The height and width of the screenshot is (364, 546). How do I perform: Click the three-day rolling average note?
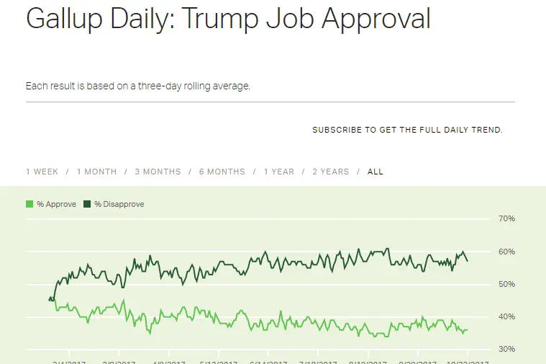137,86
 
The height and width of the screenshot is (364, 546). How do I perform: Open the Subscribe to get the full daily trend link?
407,130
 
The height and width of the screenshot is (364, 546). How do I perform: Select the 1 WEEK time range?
42,172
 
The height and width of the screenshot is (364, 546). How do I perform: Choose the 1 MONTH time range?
96,172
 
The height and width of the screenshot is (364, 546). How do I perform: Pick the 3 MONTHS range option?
158,172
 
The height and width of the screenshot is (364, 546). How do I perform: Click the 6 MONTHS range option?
222,172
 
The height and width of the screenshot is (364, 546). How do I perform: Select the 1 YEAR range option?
278,172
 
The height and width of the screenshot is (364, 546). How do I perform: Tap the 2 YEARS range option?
330,172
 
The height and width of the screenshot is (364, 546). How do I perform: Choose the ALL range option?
376,172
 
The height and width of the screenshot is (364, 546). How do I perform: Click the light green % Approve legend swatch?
29,204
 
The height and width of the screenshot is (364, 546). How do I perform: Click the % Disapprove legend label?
119,204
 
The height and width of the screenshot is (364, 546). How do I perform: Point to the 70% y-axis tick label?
506,218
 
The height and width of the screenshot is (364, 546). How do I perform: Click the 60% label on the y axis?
506,252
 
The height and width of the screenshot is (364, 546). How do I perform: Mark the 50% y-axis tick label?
506,284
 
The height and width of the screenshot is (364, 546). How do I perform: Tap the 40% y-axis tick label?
506,316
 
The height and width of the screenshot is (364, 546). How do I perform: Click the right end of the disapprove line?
468,261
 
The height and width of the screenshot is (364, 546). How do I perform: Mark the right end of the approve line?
468,330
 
